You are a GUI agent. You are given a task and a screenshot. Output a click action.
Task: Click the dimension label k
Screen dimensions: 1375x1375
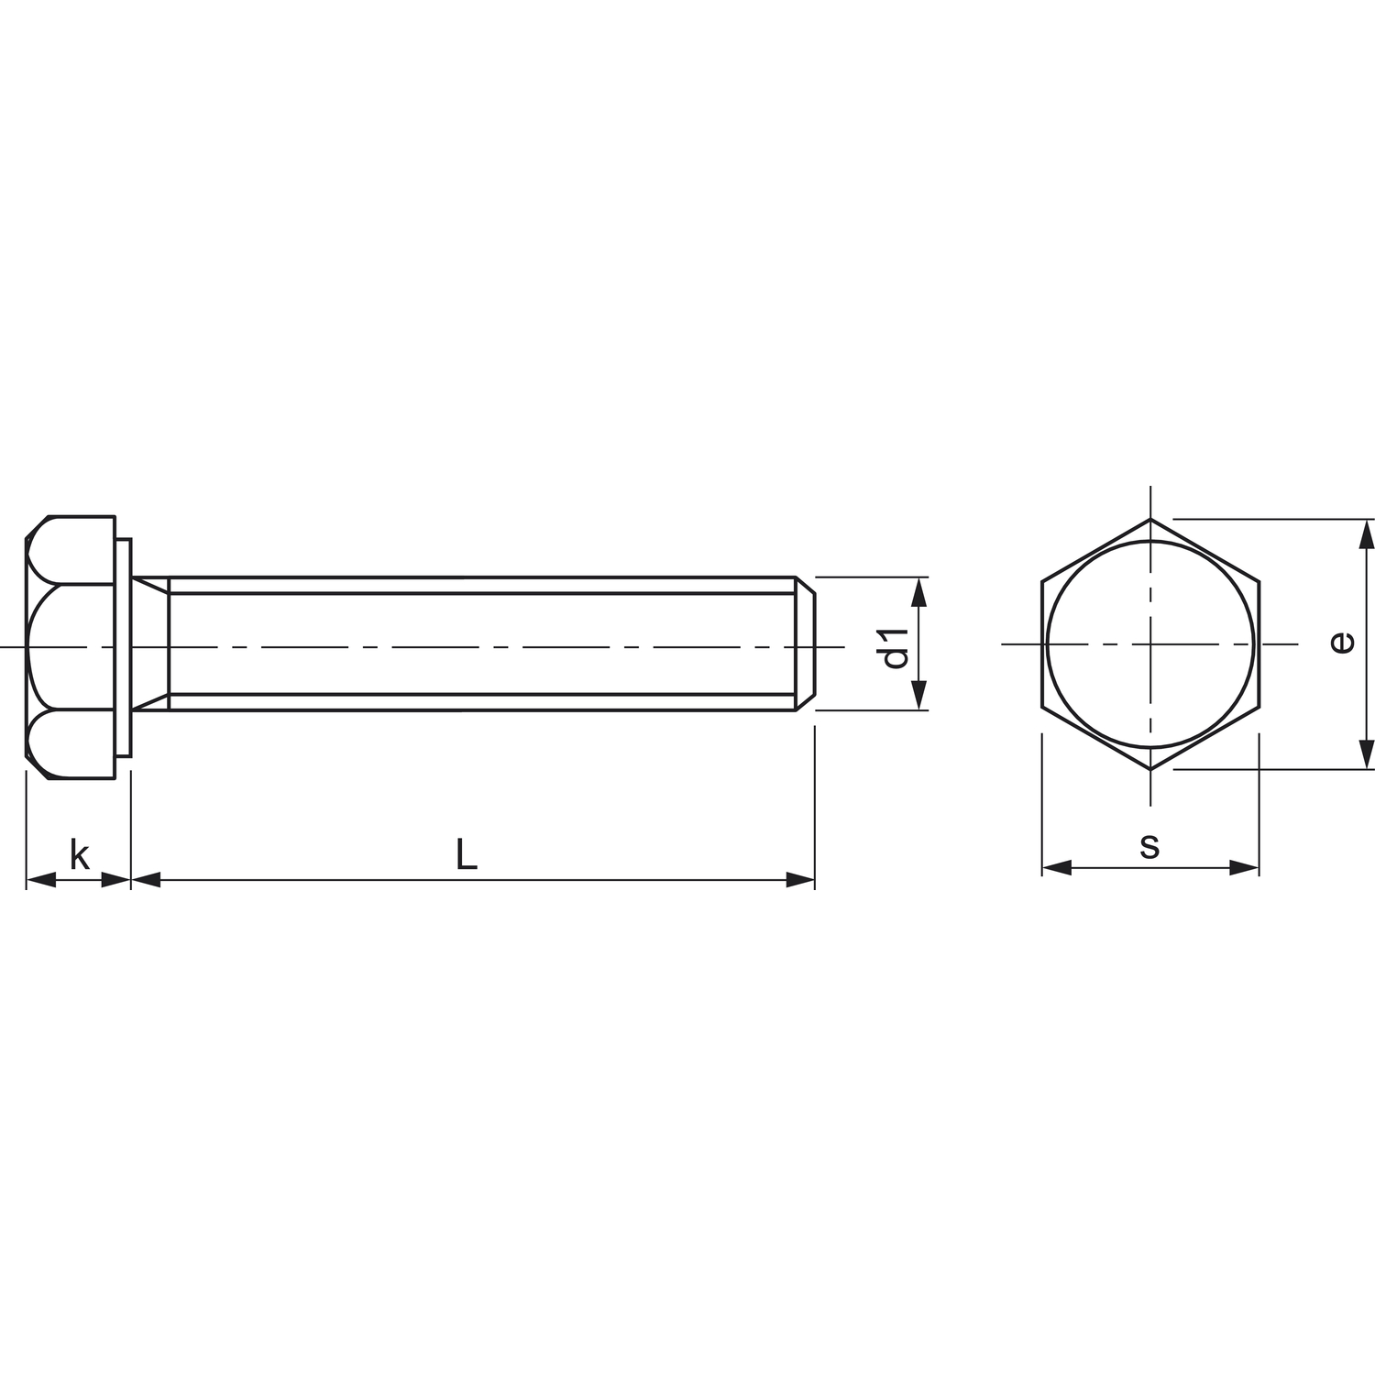(80, 855)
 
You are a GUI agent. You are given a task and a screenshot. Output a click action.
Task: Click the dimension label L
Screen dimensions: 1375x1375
(467, 855)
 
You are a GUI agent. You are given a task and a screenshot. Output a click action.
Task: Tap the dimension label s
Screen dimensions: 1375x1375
(1149, 845)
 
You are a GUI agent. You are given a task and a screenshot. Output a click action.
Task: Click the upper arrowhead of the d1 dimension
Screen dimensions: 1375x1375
(921, 592)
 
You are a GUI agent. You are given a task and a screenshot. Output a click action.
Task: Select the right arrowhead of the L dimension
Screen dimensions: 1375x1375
(801, 880)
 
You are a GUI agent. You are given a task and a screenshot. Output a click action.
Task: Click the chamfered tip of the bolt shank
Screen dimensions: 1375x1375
(804, 643)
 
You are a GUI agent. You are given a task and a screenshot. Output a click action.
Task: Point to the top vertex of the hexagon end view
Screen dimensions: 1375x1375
(1150, 520)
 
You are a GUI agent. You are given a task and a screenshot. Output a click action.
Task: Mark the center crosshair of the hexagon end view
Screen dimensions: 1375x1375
(1150, 644)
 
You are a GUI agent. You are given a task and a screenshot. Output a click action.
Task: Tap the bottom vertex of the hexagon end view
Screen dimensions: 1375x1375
(1150, 769)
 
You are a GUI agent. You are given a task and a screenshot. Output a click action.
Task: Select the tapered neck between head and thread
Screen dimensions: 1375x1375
(151, 643)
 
